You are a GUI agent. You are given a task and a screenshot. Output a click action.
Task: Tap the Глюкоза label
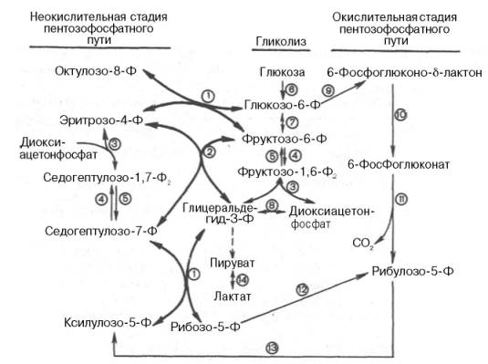tap(280, 71)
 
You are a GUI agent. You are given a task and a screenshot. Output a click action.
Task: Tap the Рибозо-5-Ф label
tap(205, 325)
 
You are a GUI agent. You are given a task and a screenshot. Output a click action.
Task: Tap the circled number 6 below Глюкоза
tap(290, 88)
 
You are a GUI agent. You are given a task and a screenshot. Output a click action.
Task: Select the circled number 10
tap(399, 114)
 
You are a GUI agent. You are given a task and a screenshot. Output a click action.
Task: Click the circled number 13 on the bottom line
tap(269, 345)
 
